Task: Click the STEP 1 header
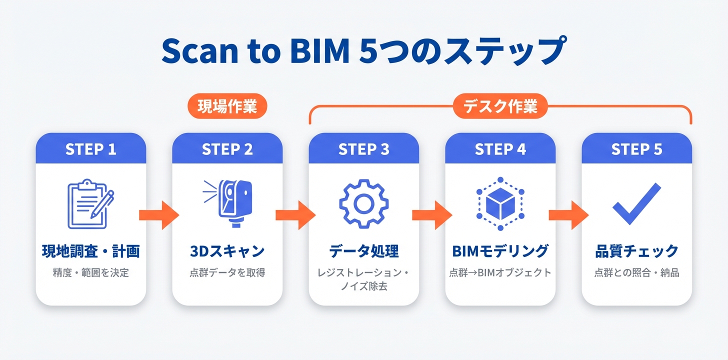tap(91, 149)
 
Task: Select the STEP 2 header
tap(227, 149)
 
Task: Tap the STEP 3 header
tap(363, 149)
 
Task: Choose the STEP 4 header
tap(500, 149)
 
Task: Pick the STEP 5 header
tap(636, 149)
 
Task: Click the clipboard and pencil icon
tap(90, 204)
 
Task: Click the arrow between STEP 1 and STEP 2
tap(159, 215)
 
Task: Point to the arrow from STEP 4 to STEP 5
tap(568, 215)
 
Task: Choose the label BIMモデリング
tap(500, 251)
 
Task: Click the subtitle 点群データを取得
tap(227, 273)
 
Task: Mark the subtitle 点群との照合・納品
tap(636, 273)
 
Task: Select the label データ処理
tap(363, 251)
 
